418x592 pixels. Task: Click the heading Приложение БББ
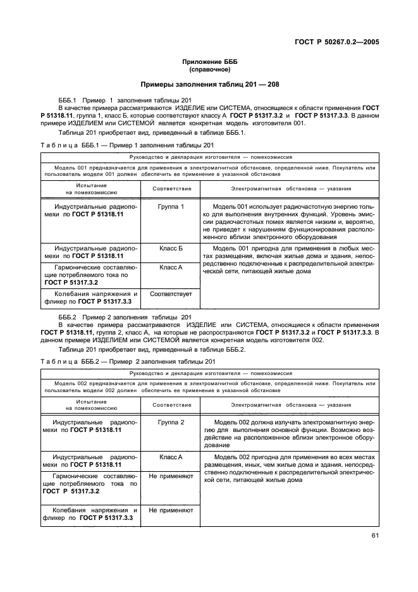(209, 62)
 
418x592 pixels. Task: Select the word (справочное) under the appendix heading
(209, 70)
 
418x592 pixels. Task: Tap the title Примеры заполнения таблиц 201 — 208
(209, 85)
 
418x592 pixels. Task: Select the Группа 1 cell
(171, 207)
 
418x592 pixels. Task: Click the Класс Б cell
(171, 249)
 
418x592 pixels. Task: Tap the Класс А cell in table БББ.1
(171, 268)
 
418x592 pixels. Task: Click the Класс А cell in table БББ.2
(171, 457)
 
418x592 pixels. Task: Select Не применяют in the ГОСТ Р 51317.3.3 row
(171, 510)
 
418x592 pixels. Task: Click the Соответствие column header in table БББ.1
(171, 188)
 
